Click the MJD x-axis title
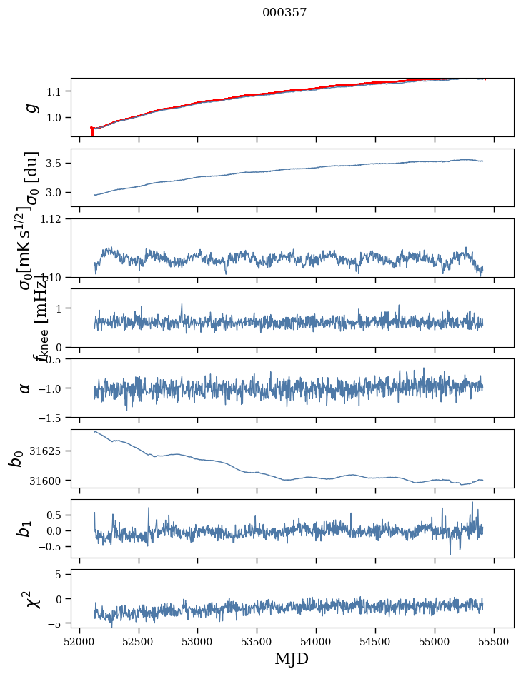click(x=292, y=658)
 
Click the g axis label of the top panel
click(x=30, y=107)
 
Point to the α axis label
click(x=26, y=388)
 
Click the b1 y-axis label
click(x=26, y=528)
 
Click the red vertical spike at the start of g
click(x=92, y=132)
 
